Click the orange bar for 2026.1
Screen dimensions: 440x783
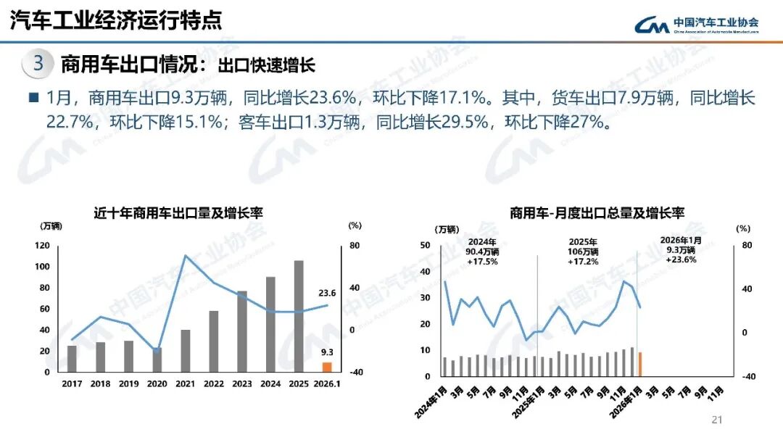coord(327,367)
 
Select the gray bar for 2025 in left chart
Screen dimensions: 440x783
coord(299,316)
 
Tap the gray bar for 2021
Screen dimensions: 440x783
coord(186,351)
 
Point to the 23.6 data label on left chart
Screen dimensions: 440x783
coord(327,294)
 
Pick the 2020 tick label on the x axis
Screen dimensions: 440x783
coord(157,383)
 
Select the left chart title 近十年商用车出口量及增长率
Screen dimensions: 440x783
coord(178,213)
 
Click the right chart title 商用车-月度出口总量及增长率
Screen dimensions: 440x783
coord(597,213)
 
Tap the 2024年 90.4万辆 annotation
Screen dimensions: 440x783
coord(482,251)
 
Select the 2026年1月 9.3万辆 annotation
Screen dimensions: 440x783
coord(681,249)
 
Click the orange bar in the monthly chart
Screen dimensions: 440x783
coord(640,365)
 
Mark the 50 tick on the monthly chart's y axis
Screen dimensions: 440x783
coord(426,245)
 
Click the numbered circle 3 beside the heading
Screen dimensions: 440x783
coord(39,64)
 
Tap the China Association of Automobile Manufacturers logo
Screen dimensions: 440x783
coord(697,25)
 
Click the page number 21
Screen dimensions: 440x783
coord(718,420)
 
